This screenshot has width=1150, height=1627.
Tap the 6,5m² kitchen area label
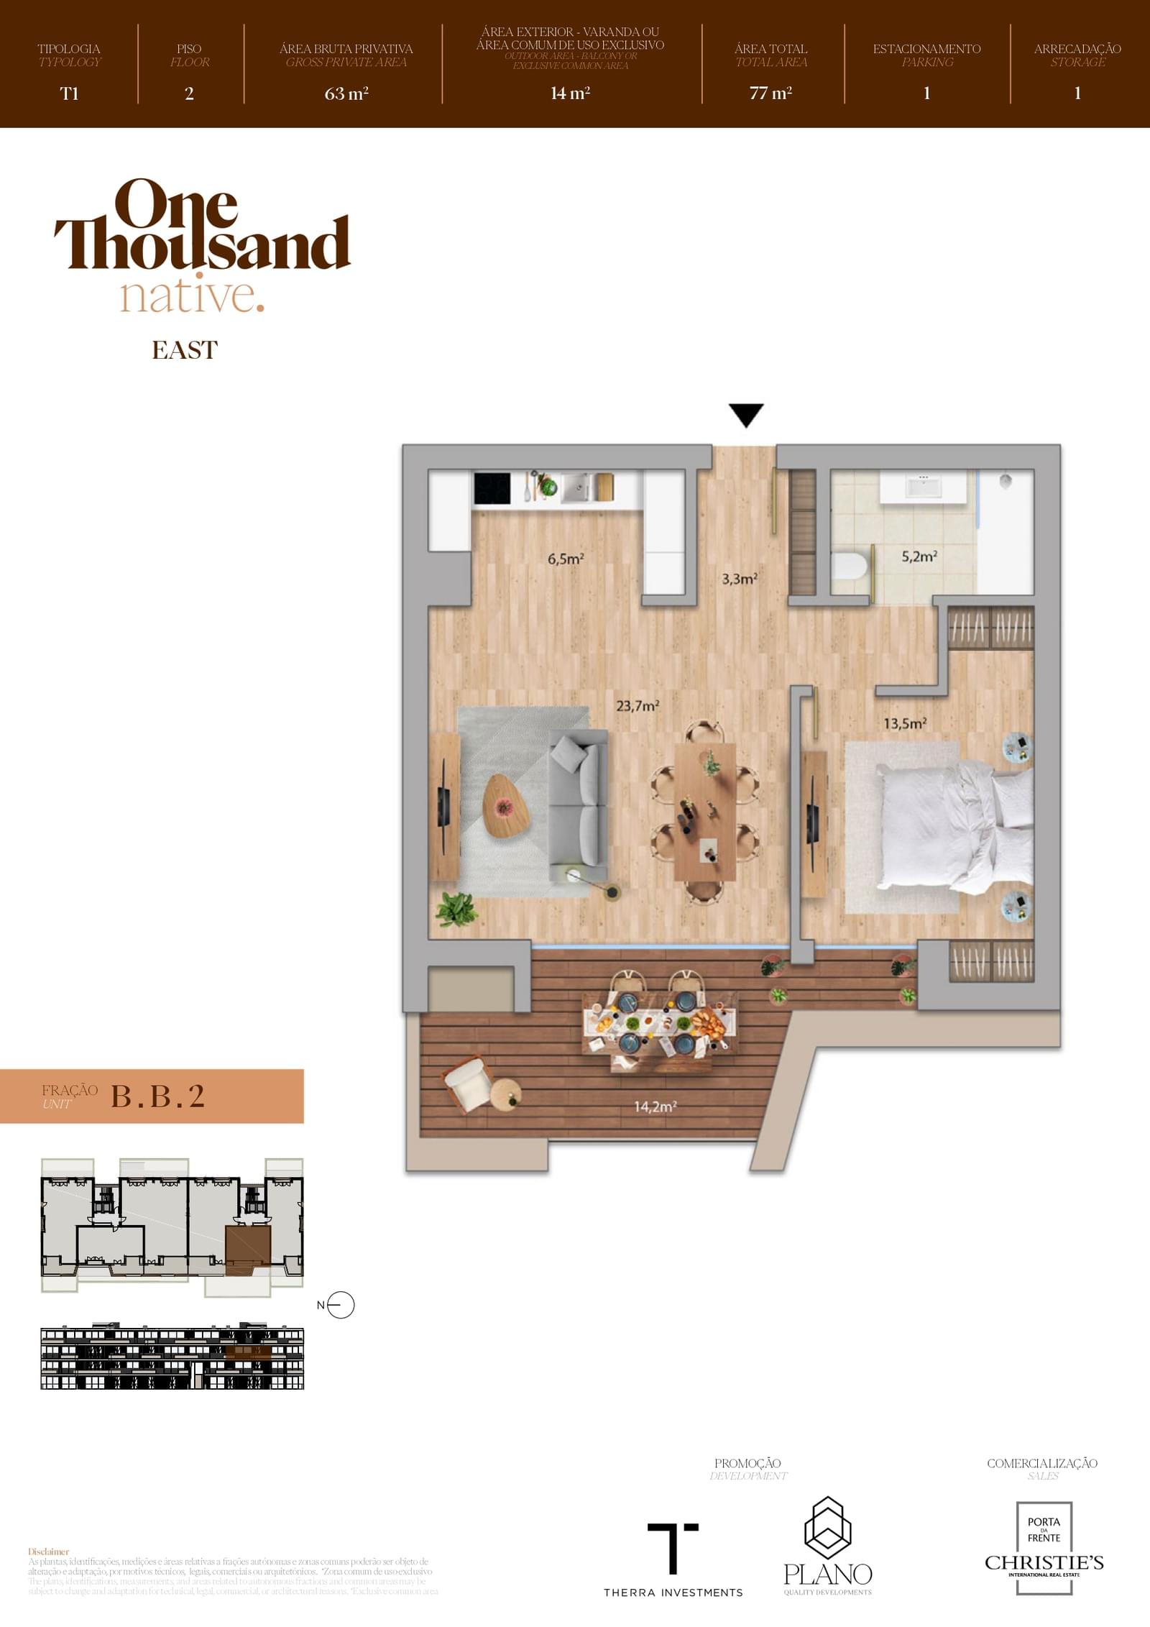[565, 559]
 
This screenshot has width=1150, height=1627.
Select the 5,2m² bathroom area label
[919, 556]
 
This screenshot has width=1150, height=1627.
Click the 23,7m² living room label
[638, 706]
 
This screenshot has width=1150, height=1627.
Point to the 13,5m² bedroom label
[904, 723]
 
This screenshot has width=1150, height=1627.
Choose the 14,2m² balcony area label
[655, 1106]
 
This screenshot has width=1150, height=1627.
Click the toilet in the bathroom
[850, 565]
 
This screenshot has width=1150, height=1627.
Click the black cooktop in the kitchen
[492, 488]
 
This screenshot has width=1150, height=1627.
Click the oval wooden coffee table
[505, 806]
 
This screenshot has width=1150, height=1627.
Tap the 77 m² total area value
[770, 93]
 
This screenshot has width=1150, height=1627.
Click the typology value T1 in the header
[69, 93]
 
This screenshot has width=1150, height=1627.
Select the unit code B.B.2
[158, 1096]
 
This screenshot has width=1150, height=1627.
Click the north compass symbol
[341, 1305]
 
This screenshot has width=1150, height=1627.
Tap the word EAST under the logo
[184, 350]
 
